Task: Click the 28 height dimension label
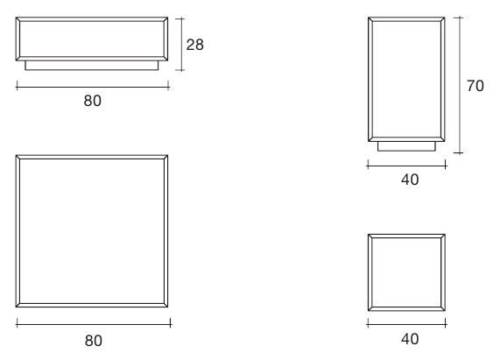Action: (195, 45)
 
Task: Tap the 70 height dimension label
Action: (475, 86)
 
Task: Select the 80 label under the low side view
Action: (93, 101)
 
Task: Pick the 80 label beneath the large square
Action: (94, 341)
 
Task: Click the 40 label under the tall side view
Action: (410, 180)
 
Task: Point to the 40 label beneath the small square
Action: (410, 339)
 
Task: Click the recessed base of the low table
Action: (92, 66)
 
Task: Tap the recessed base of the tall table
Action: (407, 146)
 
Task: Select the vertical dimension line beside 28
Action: (180, 45)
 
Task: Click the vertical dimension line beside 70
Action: (459, 85)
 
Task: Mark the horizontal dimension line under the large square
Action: (94, 323)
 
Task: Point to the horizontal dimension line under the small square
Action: (406, 323)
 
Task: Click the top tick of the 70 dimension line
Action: (459, 18)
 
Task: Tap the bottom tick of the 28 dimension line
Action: (180, 70)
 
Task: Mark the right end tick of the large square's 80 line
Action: (171, 323)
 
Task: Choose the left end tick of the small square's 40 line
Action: (368, 323)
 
